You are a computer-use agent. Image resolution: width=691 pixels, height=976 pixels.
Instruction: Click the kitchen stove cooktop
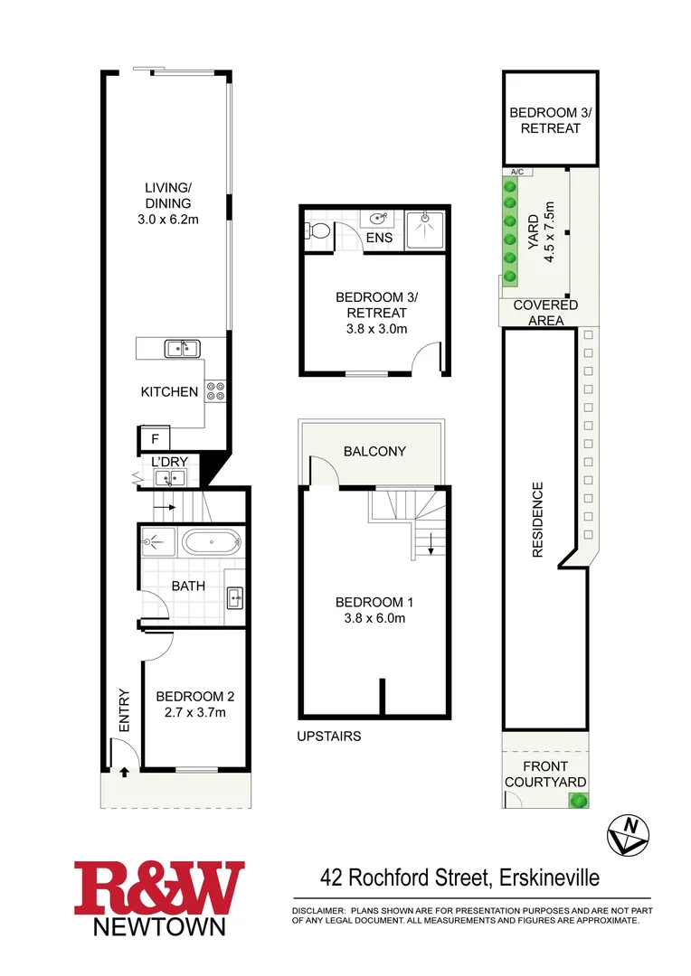pyautogui.click(x=216, y=391)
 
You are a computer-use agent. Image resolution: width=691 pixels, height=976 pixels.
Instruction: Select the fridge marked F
pyautogui.click(x=155, y=440)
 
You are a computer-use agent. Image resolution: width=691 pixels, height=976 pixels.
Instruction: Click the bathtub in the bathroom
pyautogui.click(x=211, y=544)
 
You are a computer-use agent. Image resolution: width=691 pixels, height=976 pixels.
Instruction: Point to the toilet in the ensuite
pyautogui.click(x=316, y=231)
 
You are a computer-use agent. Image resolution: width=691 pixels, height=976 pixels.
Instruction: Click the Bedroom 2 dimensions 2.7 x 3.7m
pyautogui.click(x=194, y=713)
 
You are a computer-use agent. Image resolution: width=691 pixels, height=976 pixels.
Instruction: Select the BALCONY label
pyautogui.click(x=374, y=451)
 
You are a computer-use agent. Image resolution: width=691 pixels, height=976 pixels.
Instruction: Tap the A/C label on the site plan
pyautogui.click(x=516, y=172)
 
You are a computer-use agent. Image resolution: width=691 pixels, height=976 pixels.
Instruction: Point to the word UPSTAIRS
pyautogui.click(x=329, y=737)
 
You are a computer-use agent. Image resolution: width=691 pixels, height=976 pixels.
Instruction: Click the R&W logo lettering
pyautogui.click(x=159, y=889)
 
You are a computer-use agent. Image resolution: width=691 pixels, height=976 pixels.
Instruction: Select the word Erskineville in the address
pyautogui.click(x=545, y=877)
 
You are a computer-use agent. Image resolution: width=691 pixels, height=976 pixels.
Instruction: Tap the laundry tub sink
pyautogui.click(x=168, y=478)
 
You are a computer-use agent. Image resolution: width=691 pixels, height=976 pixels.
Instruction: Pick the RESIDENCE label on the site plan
pyautogui.click(x=537, y=520)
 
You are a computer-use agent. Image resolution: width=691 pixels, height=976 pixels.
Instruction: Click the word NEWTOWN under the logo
pyautogui.click(x=160, y=926)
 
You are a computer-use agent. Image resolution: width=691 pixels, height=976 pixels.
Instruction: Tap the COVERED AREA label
pyautogui.click(x=545, y=313)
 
